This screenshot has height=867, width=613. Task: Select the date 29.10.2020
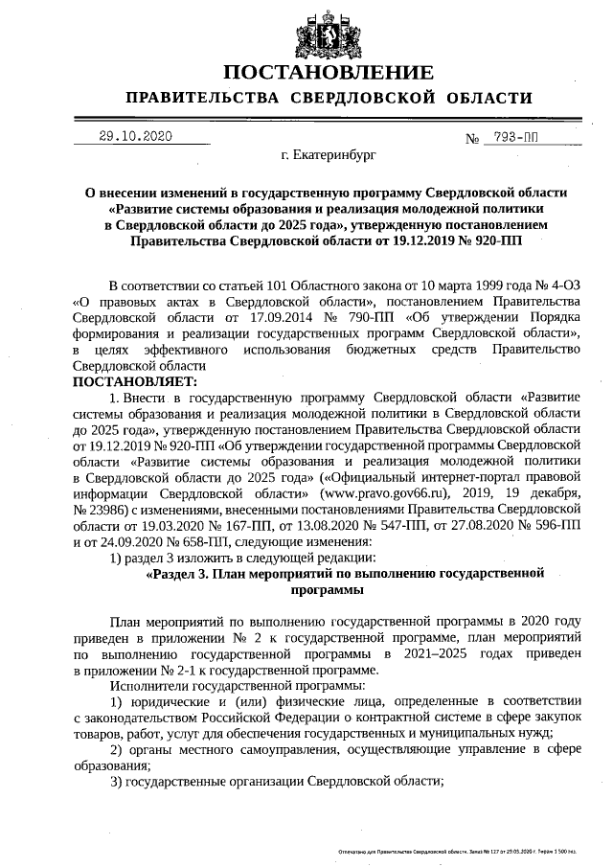pyautogui.click(x=135, y=136)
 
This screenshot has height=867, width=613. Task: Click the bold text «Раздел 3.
pyautogui.click(x=183, y=573)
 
